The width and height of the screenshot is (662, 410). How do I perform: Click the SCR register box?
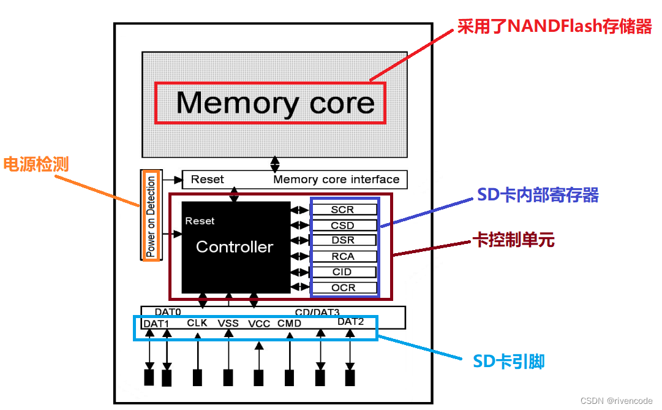[343, 210]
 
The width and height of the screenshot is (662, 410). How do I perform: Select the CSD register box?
[343, 226]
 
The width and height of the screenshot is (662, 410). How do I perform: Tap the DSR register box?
[343, 241]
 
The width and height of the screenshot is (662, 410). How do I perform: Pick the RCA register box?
[343, 256]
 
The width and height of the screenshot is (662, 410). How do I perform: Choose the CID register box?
[343, 272]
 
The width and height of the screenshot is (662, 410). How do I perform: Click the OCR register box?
[343, 287]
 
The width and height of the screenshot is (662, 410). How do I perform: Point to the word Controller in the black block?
[235, 247]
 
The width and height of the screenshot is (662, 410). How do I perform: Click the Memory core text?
[275, 102]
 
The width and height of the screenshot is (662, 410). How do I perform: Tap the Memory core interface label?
[336, 180]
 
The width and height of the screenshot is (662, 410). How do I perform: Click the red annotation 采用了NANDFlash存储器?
[555, 27]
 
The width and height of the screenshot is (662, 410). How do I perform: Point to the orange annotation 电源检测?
[36, 164]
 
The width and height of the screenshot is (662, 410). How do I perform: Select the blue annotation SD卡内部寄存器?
[537, 196]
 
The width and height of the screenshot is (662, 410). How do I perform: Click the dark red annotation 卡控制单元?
[514, 240]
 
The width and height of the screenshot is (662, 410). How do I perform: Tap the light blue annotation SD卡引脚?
[509, 362]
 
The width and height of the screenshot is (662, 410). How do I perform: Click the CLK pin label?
[197, 323]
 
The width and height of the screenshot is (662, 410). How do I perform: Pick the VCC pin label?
[259, 324]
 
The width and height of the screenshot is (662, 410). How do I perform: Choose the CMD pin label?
[289, 323]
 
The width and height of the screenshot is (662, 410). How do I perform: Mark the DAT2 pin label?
[351, 322]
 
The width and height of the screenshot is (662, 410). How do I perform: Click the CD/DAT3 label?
[317, 313]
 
